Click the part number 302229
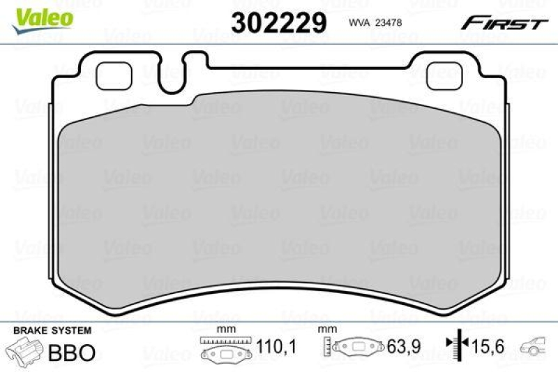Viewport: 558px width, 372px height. coord(279,23)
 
